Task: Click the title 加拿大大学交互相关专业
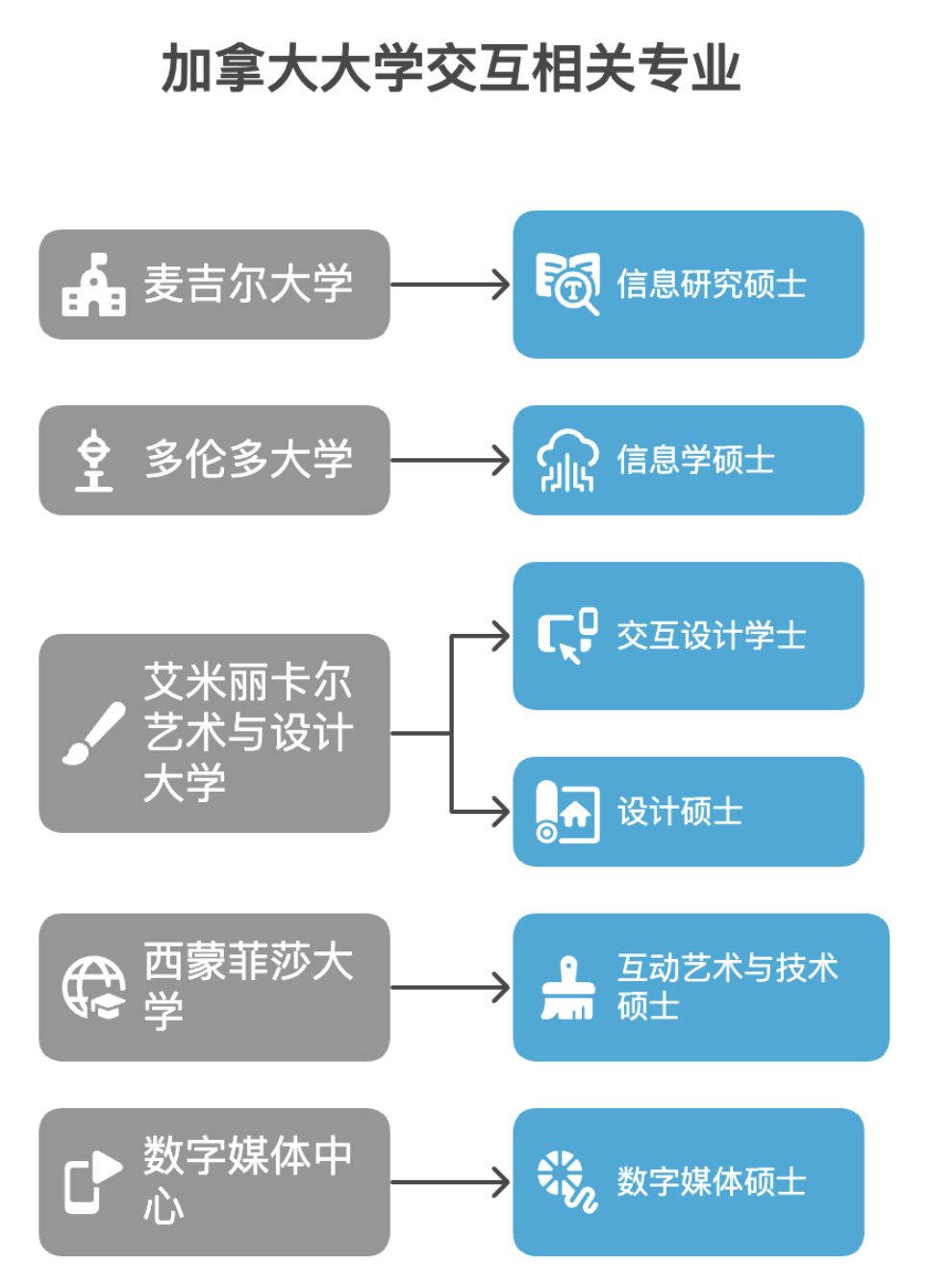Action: coord(451,69)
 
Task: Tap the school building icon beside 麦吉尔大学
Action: coord(93,285)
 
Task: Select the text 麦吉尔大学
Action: coord(248,285)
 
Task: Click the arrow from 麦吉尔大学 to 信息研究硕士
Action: coord(450,285)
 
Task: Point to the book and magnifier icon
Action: coord(567,284)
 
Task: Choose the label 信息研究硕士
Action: coord(712,285)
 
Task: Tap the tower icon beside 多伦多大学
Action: coord(93,461)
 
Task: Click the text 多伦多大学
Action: coord(248,460)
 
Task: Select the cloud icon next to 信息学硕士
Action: coord(567,461)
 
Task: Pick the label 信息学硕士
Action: coord(695,461)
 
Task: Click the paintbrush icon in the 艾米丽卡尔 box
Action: coord(93,734)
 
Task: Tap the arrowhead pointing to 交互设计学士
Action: coord(501,636)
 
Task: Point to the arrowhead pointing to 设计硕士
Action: coord(501,812)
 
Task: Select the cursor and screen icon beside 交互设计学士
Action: coord(567,636)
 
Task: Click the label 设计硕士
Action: coord(680,812)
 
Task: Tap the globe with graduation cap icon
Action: coord(93,988)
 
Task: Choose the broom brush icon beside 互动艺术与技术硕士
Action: coord(567,988)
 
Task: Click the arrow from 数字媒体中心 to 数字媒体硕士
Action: coord(450,1182)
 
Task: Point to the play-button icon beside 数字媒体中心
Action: coord(93,1182)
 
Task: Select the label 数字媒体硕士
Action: coord(712,1182)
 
